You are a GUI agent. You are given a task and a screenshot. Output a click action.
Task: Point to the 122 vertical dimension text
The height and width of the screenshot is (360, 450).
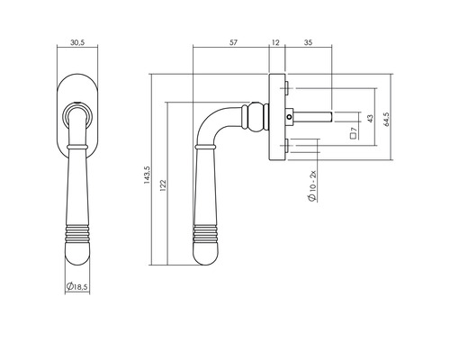(x=162, y=184)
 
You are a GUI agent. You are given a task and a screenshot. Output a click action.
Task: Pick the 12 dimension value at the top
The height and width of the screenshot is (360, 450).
(x=274, y=42)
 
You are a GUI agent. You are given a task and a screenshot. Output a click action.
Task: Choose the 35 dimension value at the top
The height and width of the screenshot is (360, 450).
(x=308, y=42)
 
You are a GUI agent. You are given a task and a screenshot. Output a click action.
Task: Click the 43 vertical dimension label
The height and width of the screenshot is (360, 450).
(x=370, y=118)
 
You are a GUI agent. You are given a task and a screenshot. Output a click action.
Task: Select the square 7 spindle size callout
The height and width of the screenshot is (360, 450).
(x=355, y=133)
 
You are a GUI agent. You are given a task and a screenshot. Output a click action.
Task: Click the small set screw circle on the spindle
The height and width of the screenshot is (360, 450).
(x=288, y=115)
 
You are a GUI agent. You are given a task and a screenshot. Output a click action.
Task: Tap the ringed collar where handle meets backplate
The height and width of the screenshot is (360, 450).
(x=256, y=115)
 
